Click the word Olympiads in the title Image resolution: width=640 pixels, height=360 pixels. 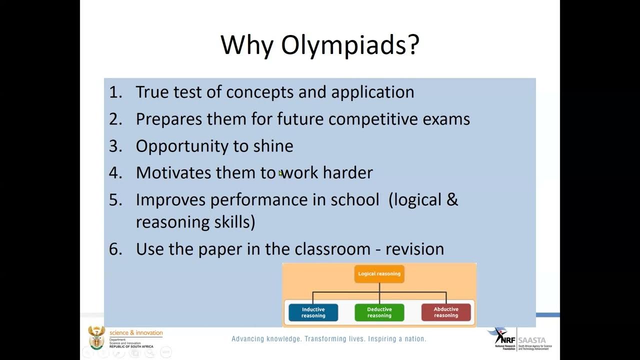click(x=349, y=45)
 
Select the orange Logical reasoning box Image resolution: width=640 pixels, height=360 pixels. click(x=379, y=274)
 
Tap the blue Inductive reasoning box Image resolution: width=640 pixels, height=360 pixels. click(x=313, y=312)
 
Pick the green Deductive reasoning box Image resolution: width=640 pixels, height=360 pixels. click(x=379, y=312)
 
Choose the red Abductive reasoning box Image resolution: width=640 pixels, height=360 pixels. click(x=446, y=312)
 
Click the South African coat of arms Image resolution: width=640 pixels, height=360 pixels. click(x=96, y=337)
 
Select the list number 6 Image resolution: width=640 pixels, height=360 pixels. click(x=115, y=249)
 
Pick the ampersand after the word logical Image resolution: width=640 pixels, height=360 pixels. click(x=452, y=199)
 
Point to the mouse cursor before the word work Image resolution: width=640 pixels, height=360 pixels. click(x=280, y=173)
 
